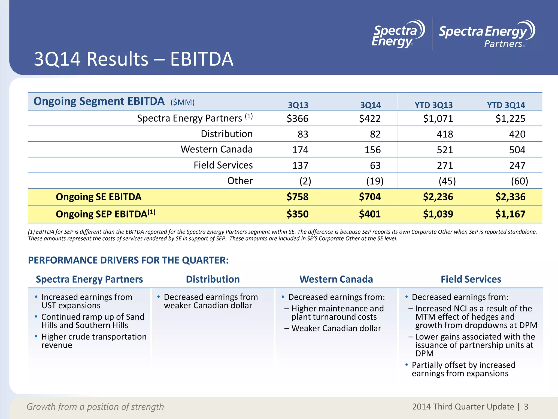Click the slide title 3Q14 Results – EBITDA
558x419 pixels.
134,59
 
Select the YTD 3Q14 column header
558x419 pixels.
506,105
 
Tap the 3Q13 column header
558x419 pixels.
298,105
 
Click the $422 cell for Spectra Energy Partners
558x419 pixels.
370,118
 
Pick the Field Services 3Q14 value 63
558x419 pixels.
375,165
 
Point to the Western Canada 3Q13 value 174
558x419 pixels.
300,150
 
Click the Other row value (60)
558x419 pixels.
519,181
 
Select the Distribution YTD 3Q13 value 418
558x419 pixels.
445,134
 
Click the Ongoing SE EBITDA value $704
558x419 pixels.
370,197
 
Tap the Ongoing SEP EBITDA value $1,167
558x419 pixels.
510,214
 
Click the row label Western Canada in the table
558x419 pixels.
217,149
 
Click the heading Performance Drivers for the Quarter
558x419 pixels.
128,260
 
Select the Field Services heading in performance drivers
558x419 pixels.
471,279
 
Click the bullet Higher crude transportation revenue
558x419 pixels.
94,341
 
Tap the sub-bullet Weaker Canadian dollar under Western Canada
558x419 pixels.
336,328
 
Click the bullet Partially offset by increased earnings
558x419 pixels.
463,369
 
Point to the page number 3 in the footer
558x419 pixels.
526,407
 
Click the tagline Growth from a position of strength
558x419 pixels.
95,407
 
